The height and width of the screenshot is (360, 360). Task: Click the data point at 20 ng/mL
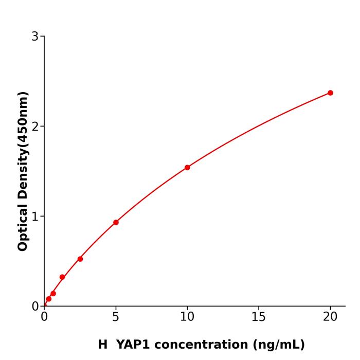[x=330, y=93]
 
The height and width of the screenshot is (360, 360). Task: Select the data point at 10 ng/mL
[x=187, y=168]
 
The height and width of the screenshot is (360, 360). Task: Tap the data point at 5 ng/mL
[x=116, y=223]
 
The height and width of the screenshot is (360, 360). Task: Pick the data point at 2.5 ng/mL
[x=80, y=259]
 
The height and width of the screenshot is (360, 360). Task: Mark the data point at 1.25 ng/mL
[x=62, y=277]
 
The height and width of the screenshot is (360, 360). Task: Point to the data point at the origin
[x=45, y=305]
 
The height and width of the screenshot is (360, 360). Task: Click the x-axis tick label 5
[x=116, y=317]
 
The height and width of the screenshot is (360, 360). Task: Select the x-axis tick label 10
[x=187, y=317]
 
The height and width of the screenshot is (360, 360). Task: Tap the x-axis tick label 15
[x=259, y=317]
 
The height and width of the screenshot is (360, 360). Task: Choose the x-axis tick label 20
[x=330, y=317]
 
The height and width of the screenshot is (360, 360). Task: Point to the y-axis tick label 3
[x=35, y=37]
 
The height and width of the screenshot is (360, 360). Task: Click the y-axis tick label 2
[x=35, y=127]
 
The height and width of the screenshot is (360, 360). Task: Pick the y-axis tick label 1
[x=35, y=217]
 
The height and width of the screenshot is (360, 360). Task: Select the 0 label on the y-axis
[x=35, y=307]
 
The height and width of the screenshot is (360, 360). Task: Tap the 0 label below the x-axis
[x=44, y=317]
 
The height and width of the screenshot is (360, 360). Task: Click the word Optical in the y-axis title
[x=23, y=228]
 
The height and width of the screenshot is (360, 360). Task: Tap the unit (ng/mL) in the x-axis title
[x=278, y=345]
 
